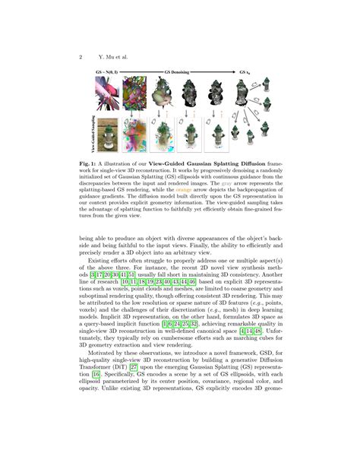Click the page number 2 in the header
(x=80, y=56)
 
